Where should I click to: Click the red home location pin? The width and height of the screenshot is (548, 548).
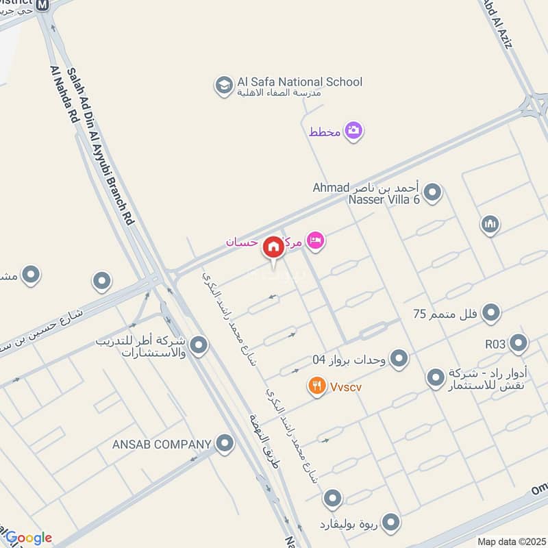273,247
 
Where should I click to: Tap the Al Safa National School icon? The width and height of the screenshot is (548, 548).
223,86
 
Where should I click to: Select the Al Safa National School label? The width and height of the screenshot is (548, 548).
299,82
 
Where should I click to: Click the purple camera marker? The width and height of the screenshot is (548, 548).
353,130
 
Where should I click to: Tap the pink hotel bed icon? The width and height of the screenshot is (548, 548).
315,240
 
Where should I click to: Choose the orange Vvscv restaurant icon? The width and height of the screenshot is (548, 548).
316,386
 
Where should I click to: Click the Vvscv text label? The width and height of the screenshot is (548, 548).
345,387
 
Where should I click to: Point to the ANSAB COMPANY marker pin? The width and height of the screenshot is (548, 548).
224,444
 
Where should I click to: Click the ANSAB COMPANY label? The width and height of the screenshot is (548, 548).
162,445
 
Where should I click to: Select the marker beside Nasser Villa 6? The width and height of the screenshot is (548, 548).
432,193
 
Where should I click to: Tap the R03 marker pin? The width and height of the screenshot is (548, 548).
519,342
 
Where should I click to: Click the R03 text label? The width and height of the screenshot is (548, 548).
496,342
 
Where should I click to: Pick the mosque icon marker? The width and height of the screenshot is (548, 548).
490,224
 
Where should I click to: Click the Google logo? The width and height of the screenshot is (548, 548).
29,538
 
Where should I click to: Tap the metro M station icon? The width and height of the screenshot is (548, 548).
42,5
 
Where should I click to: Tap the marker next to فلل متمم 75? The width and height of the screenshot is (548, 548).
490,314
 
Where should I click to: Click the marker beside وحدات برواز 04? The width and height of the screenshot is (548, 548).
399,358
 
